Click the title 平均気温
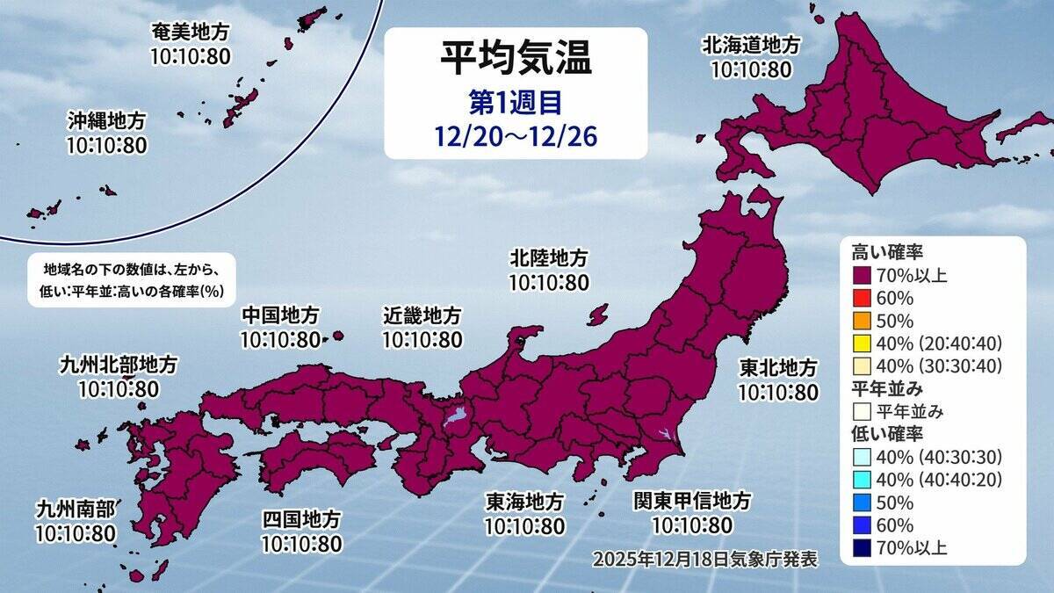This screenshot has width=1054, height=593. pyautogui.click(x=516, y=60)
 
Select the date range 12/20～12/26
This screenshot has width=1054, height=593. pyautogui.click(x=516, y=135)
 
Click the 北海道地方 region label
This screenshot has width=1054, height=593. pyautogui.click(x=751, y=45)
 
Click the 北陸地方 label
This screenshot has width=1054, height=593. pyautogui.click(x=549, y=258)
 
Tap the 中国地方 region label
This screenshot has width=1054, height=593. pyautogui.click(x=280, y=315)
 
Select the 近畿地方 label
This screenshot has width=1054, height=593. pyautogui.click(x=422, y=315)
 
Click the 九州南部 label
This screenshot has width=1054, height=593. pyautogui.click(x=74, y=509)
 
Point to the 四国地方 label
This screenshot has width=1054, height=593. pyautogui.click(x=300, y=520)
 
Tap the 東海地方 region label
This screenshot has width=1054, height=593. pyautogui.click(x=525, y=502)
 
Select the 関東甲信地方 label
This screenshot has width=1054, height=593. pyautogui.click(x=692, y=502)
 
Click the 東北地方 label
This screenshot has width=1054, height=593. pyautogui.click(x=777, y=368)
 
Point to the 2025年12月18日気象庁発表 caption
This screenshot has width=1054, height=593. pyautogui.click(x=705, y=559)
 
